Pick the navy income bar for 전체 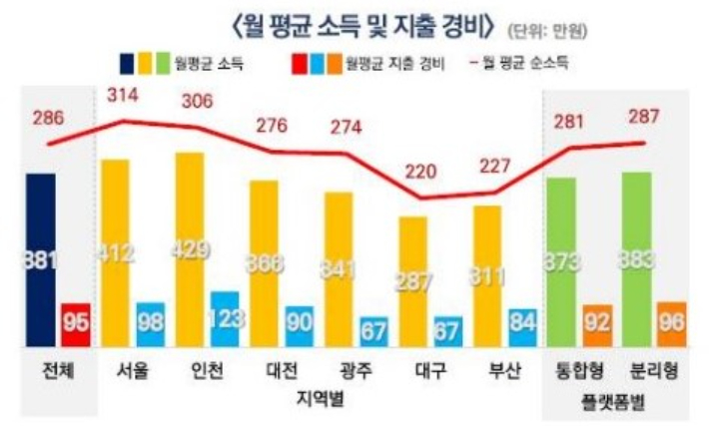41,259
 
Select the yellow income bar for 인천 189,249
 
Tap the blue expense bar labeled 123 225,319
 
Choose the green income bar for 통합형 561,261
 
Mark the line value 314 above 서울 123,98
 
